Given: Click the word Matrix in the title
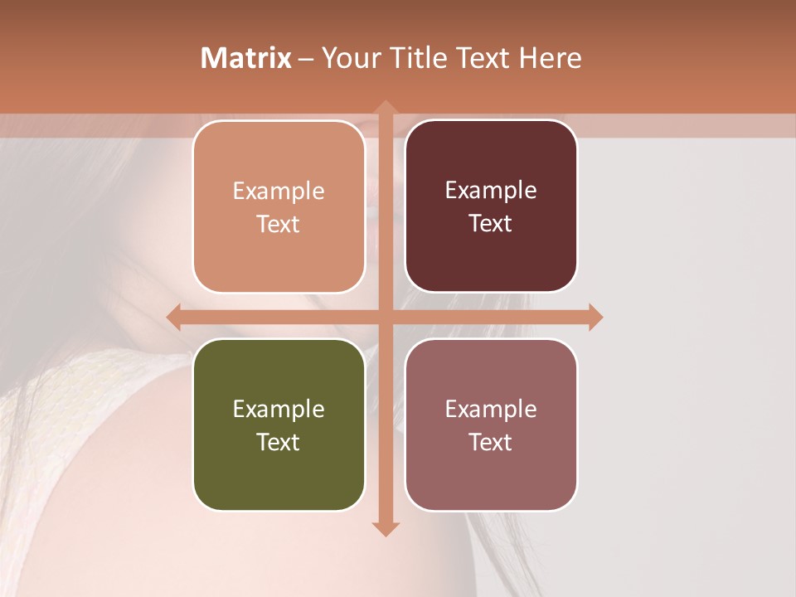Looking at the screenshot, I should click(246, 58).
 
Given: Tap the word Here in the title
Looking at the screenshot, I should click(550, 58).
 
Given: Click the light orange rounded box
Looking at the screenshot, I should click(279, 206).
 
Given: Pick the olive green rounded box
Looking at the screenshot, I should click(279, 425).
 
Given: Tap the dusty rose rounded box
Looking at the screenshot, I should click(491, 425).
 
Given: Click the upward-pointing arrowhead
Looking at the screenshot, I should click(385, 109).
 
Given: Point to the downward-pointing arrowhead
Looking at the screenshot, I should click(385, 528).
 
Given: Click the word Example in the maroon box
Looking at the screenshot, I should click(491, 190).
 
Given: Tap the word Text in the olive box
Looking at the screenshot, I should click(279, 442).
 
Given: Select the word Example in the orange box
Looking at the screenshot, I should click(279, 191).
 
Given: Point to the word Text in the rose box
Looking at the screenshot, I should click(491, 442).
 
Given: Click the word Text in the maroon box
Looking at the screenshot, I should click(491, 223).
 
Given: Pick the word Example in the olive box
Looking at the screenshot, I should click(279, 409).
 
